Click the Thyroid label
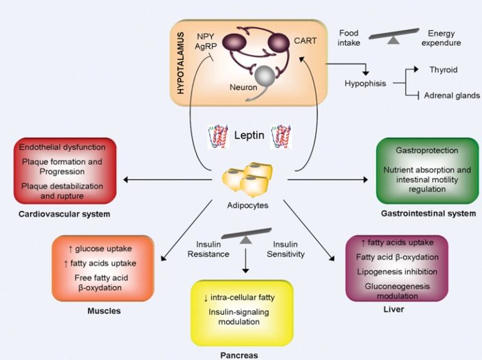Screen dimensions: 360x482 pos(443,70)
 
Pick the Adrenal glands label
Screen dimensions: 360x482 pos(452,95)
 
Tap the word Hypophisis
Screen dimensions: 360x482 pos(365,83)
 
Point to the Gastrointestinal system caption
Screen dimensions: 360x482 pos(428,213)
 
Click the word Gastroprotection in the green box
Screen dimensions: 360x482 pos(427,151)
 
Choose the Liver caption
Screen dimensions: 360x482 pos(395,309)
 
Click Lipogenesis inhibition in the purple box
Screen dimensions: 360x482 pos(396,272)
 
